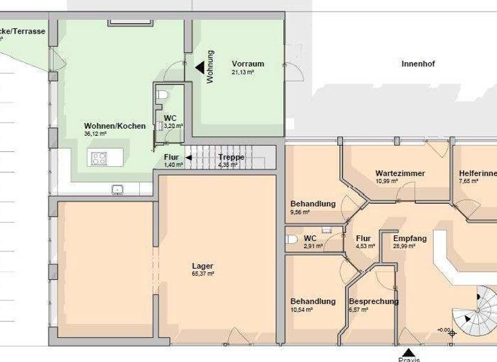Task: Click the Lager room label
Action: [203, 266]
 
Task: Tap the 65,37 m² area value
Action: [203, 273]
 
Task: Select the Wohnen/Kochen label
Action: [115, 126]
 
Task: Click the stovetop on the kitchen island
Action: [99, 156]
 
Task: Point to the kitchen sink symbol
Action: [117, 189]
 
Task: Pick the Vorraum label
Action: [248, 64]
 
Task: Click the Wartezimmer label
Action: [400, 173]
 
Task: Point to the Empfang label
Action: [410, 239]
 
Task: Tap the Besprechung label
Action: [373, 301]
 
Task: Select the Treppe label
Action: [231, 157]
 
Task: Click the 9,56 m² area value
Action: [300, 212]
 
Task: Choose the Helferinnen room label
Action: [478, 173]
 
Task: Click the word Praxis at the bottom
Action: [409, 359]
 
